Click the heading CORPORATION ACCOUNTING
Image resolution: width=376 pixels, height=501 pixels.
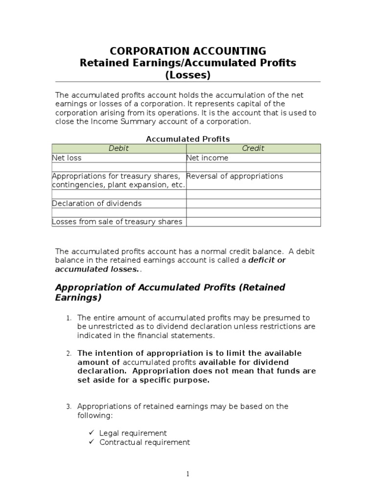pyautogui.click(x=188, y=51)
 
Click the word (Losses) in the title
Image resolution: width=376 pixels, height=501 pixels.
pyautogui.click(x=188, y=75)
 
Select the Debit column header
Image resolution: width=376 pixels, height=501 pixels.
pyautogui.click(x=119, y=148)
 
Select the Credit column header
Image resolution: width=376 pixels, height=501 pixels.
pyautogui.click(x=253, y=148)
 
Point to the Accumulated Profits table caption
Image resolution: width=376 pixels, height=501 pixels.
pyautogui.click(x=188, y=139)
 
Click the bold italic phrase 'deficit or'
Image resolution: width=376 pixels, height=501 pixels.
pyautogui.click(x=267, y=260)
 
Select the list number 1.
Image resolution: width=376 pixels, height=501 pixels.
pyautogui.click(x=69, y=319)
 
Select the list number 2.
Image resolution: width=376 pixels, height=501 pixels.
pyautogui.click(x=69, y=354)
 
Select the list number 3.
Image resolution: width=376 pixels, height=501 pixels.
pyautogui.click(x=69, y=407)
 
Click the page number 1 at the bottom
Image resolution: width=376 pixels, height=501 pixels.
pyautogui.click(x=188, y=474)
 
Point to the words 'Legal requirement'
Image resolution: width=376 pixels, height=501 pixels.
pyautogui.click(x=133, y=433)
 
